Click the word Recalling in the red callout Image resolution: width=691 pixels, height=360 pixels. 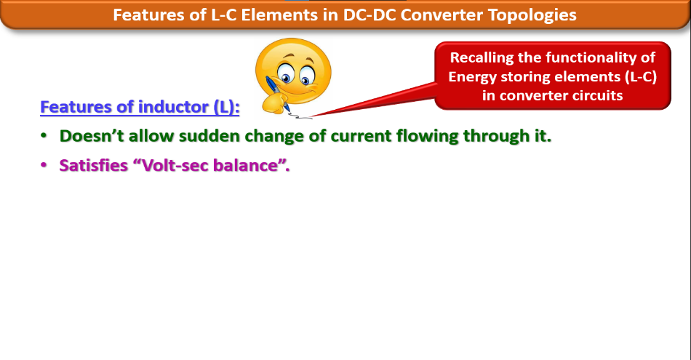[482, 58]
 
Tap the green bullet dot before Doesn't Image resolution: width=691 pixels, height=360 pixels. [44, 136]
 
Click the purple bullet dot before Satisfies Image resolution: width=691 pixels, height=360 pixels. [44, 165]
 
